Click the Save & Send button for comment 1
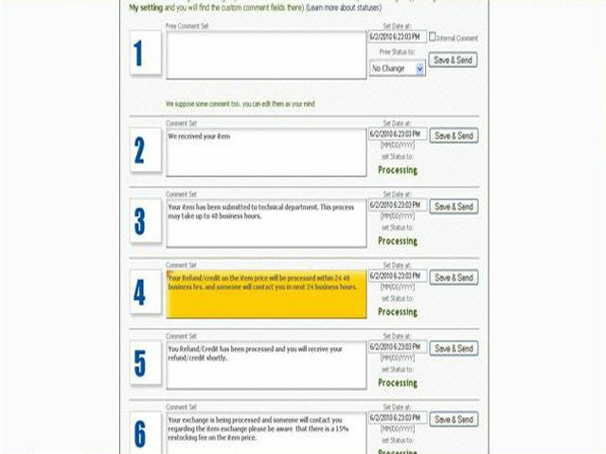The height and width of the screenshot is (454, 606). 454,60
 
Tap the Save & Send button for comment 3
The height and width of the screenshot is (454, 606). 454,206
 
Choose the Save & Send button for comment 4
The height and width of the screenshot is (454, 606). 454,278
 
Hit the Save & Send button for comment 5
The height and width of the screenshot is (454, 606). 454,349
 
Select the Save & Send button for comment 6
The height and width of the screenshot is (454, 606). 454,419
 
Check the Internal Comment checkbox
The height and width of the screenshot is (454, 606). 433,37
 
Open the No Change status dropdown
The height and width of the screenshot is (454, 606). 397,69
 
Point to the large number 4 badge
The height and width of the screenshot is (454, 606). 140,292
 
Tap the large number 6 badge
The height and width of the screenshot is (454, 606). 140,434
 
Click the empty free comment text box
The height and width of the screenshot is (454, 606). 266,55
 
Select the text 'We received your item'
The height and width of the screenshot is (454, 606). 199,136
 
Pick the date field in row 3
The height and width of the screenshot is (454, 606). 397,205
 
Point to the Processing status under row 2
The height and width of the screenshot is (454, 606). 398,170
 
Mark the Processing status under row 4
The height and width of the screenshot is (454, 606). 398,312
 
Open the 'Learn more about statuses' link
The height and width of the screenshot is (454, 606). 343,7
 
